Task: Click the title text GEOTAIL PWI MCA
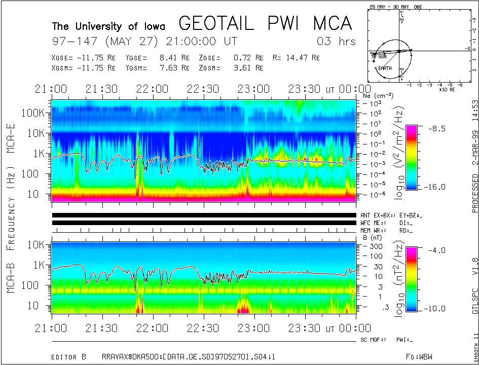(x=265, y=24)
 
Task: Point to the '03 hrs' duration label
(x=336, y=41)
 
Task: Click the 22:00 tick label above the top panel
(x=153, y=89)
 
